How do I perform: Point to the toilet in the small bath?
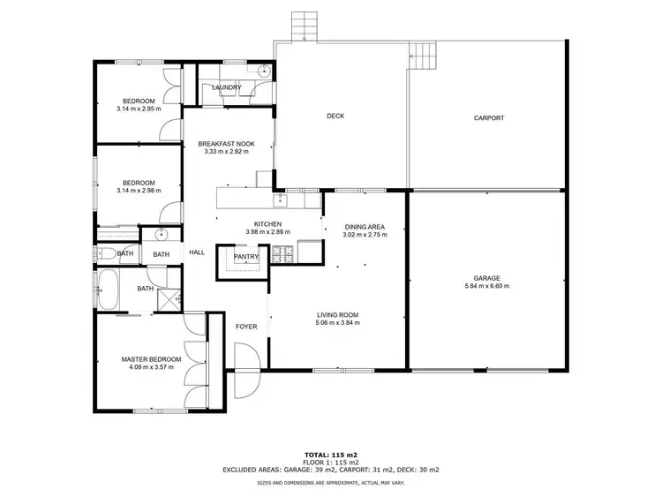coord(105,253)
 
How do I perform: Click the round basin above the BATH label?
coord(161,235)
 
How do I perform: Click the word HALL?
coord(197,253)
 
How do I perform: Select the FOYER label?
coord(246,327)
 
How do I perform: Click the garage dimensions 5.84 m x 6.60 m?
coord(486,286)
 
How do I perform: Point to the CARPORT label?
coord(488,117)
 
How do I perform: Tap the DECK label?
coord(335,116)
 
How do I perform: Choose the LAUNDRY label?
coord(226,87)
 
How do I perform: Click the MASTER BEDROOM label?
coord(151,359)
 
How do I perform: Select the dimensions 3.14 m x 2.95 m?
coord(139,109)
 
